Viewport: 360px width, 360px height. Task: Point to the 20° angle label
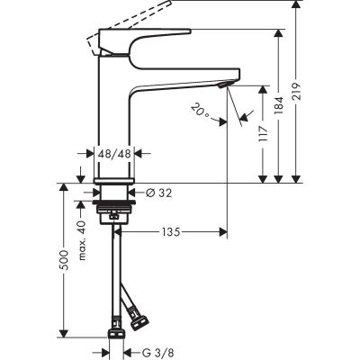(x=202, y=112)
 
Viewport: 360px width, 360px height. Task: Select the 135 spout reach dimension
(x=170, y=231)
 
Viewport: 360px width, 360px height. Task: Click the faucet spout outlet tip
(x=225, y=84)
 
